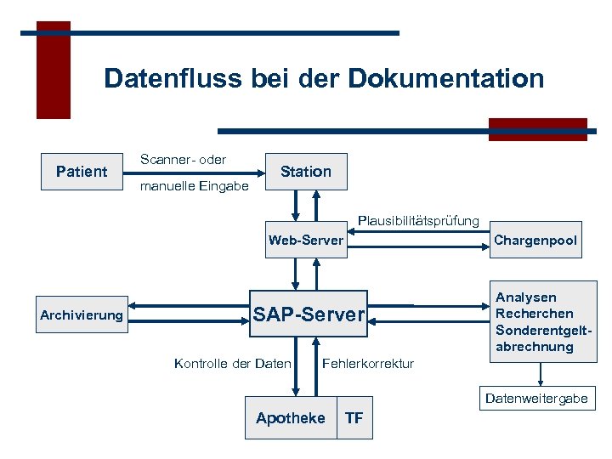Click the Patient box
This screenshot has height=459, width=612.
pyautogui.click(x=82, y=172)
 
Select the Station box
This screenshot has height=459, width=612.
pyautogui.click(x=306, y=172)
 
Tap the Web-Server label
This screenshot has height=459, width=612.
pyautogui.click(x=306, y=241)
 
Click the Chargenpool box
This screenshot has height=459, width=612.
pyautogui.click(x=535, y=241)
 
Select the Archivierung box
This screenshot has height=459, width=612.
pyautogui.click(x=82, y=315)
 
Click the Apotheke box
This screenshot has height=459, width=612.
pyautogui.click(x=290, y=417)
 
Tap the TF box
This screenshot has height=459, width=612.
pyautogui.click(x=354, y=417)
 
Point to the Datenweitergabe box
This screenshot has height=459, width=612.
pyautogui.click(x=536, y=398)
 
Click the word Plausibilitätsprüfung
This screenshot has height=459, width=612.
pyautogui.click(x=418, y=221)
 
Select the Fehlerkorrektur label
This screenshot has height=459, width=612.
pyautogui.click(x=368, y=364)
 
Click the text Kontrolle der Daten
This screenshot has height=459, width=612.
pyautogui.click(x=233, y=364)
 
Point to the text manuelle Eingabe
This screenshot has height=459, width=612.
pyautogui.click(x=194, y=185)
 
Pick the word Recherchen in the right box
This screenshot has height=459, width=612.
pyautogui.click(x=534, y=314)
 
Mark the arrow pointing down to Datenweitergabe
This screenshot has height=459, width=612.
pyautogui.click(x=540, y=375)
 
